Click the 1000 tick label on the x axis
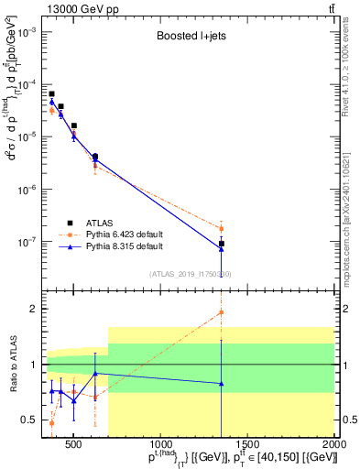click(160, 446)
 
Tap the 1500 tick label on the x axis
click(247, 446)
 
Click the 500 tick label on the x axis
click(74, 446)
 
